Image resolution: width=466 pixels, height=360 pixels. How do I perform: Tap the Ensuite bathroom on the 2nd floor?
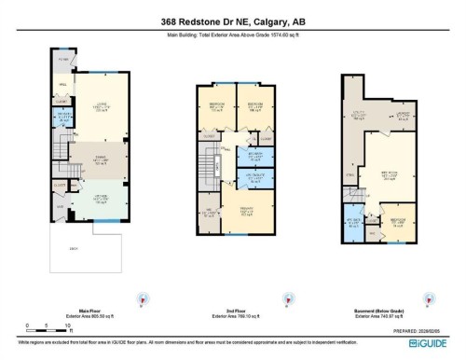pos(249,175)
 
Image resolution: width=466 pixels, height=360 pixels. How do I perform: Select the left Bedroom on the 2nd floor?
pos(215,108)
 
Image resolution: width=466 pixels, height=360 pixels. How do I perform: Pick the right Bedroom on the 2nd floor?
pos(250,108)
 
